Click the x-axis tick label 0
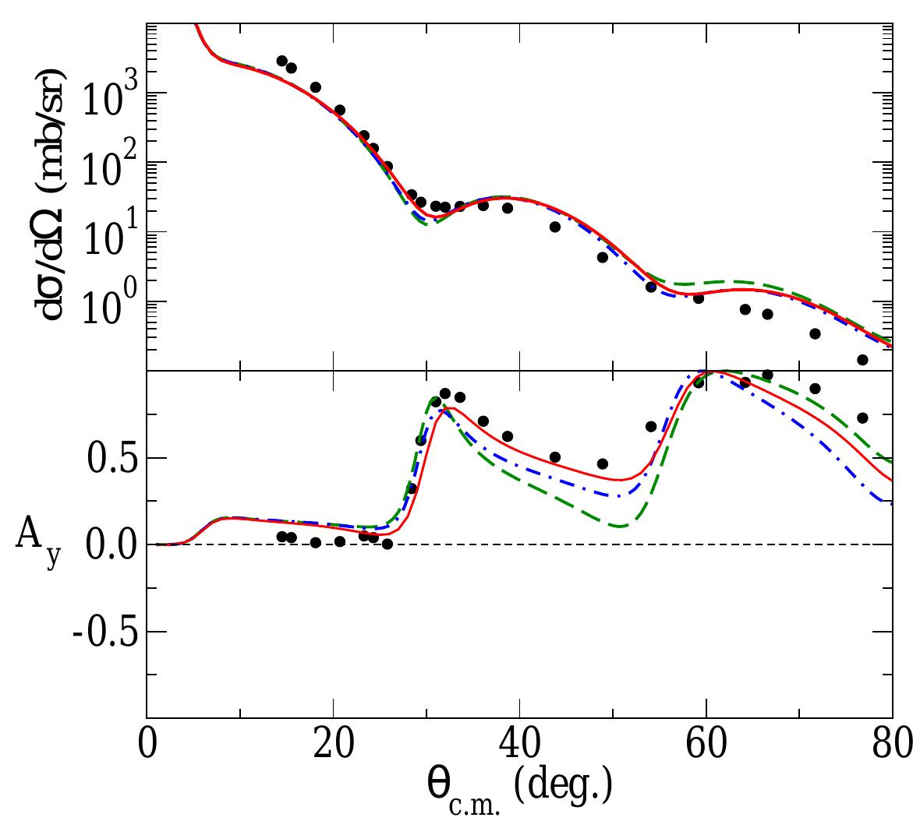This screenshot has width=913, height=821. click(x=147, y=743)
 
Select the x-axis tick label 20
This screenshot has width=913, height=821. click(x=333, y=743)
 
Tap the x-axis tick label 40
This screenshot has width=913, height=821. click(x=520, y=743)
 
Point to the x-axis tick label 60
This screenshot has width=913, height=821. click(x=706, y=743)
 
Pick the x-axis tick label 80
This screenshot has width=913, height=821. click(x=892, y=743)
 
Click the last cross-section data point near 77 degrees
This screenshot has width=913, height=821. click(x=862, y=360)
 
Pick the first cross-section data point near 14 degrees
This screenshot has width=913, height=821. click(x=281, y=61)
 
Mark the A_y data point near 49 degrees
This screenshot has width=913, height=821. click(x=602, y=463)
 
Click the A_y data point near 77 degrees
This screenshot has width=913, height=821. click(x=862, y=418)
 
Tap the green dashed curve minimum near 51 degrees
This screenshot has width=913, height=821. click(x=620, y=526)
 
